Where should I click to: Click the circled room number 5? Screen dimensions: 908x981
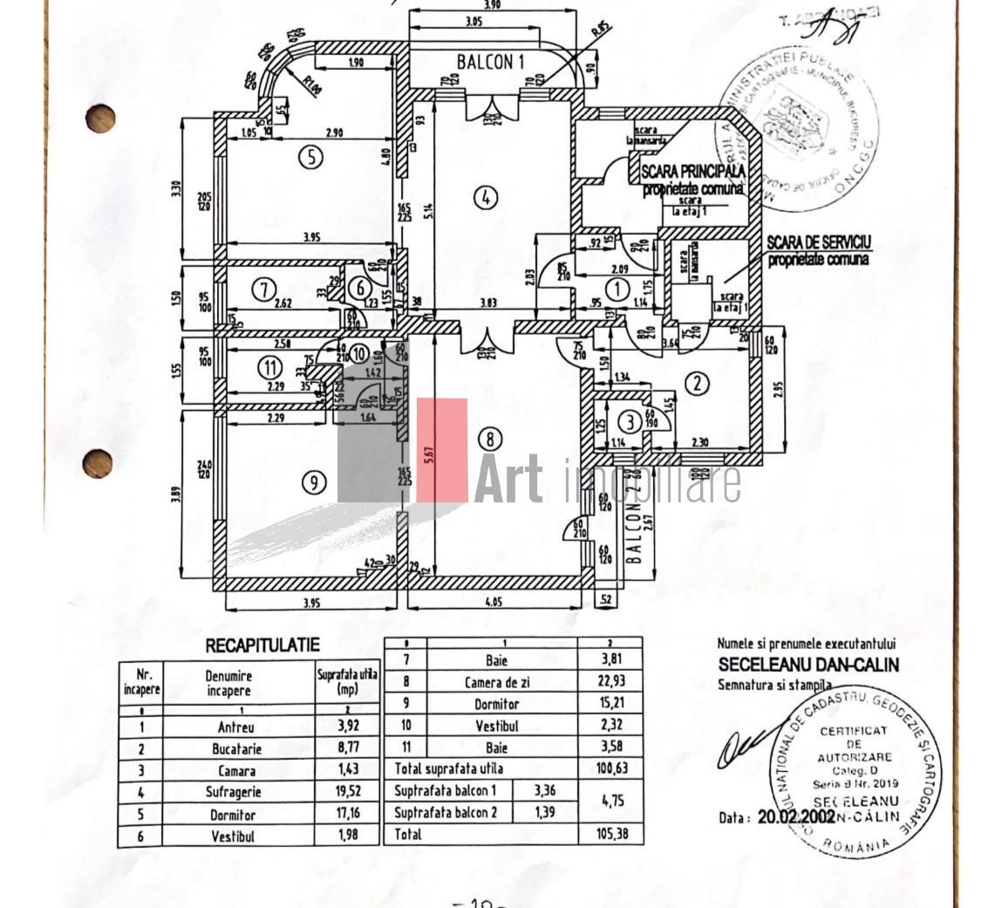tap(310, 157)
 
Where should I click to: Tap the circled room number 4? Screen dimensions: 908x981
tap(486, 198)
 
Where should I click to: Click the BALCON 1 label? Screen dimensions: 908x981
tap(491, 62)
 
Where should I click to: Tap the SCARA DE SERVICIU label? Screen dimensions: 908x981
tap(820, 242)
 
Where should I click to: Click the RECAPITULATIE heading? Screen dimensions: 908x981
tap(262, 645)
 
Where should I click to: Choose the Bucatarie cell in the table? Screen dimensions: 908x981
tap(237, 748)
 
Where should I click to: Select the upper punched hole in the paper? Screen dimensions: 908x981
tap(100, 119)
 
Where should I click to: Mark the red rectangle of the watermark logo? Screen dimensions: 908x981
tap(441, 451)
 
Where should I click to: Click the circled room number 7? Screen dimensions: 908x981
tap(262, 289)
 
